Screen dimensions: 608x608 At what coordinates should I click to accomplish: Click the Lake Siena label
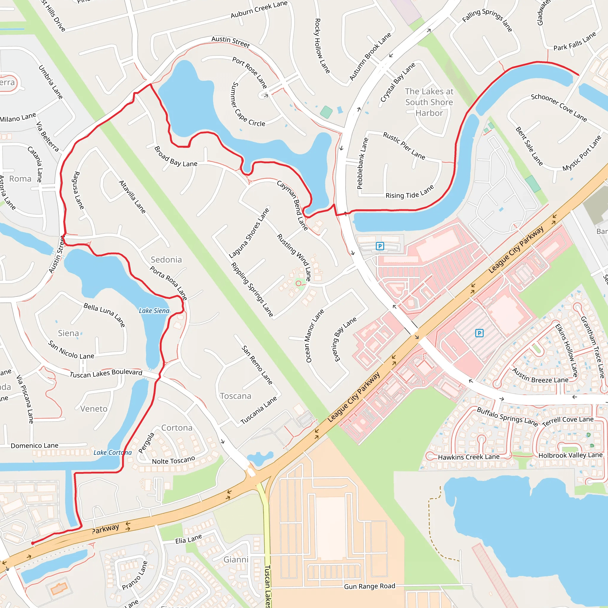coord(154,311)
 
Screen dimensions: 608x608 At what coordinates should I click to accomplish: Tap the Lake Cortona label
coord(112,452)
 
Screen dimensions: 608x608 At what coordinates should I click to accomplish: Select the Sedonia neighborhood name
coord(166,260)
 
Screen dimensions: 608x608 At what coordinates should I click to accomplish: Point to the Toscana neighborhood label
coord(236,396)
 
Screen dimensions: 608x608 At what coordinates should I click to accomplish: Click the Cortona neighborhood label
coord(177,428)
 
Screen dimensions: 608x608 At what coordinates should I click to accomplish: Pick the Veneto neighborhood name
coord(94,409)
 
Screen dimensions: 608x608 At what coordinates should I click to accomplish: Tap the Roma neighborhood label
coord(20,179)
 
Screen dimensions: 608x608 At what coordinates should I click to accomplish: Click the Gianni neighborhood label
coord(236,560)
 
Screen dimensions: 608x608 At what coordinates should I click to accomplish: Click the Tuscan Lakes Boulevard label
coord(106,373)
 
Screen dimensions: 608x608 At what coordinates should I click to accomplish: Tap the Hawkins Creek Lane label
coord(468,457)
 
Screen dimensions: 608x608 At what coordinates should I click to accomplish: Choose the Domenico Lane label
coord(35,446)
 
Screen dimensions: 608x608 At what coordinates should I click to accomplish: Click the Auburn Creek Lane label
coord(259,9)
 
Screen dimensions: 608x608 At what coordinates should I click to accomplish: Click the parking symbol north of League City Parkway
coord(380,246)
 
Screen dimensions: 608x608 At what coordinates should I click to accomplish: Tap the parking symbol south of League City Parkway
coord(479,333)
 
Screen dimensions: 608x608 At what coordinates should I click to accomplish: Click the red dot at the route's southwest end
coord(33,543)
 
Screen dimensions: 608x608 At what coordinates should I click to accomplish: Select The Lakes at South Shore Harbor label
coord(429,102)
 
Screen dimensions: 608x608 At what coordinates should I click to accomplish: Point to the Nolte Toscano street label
coord(173,460)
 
